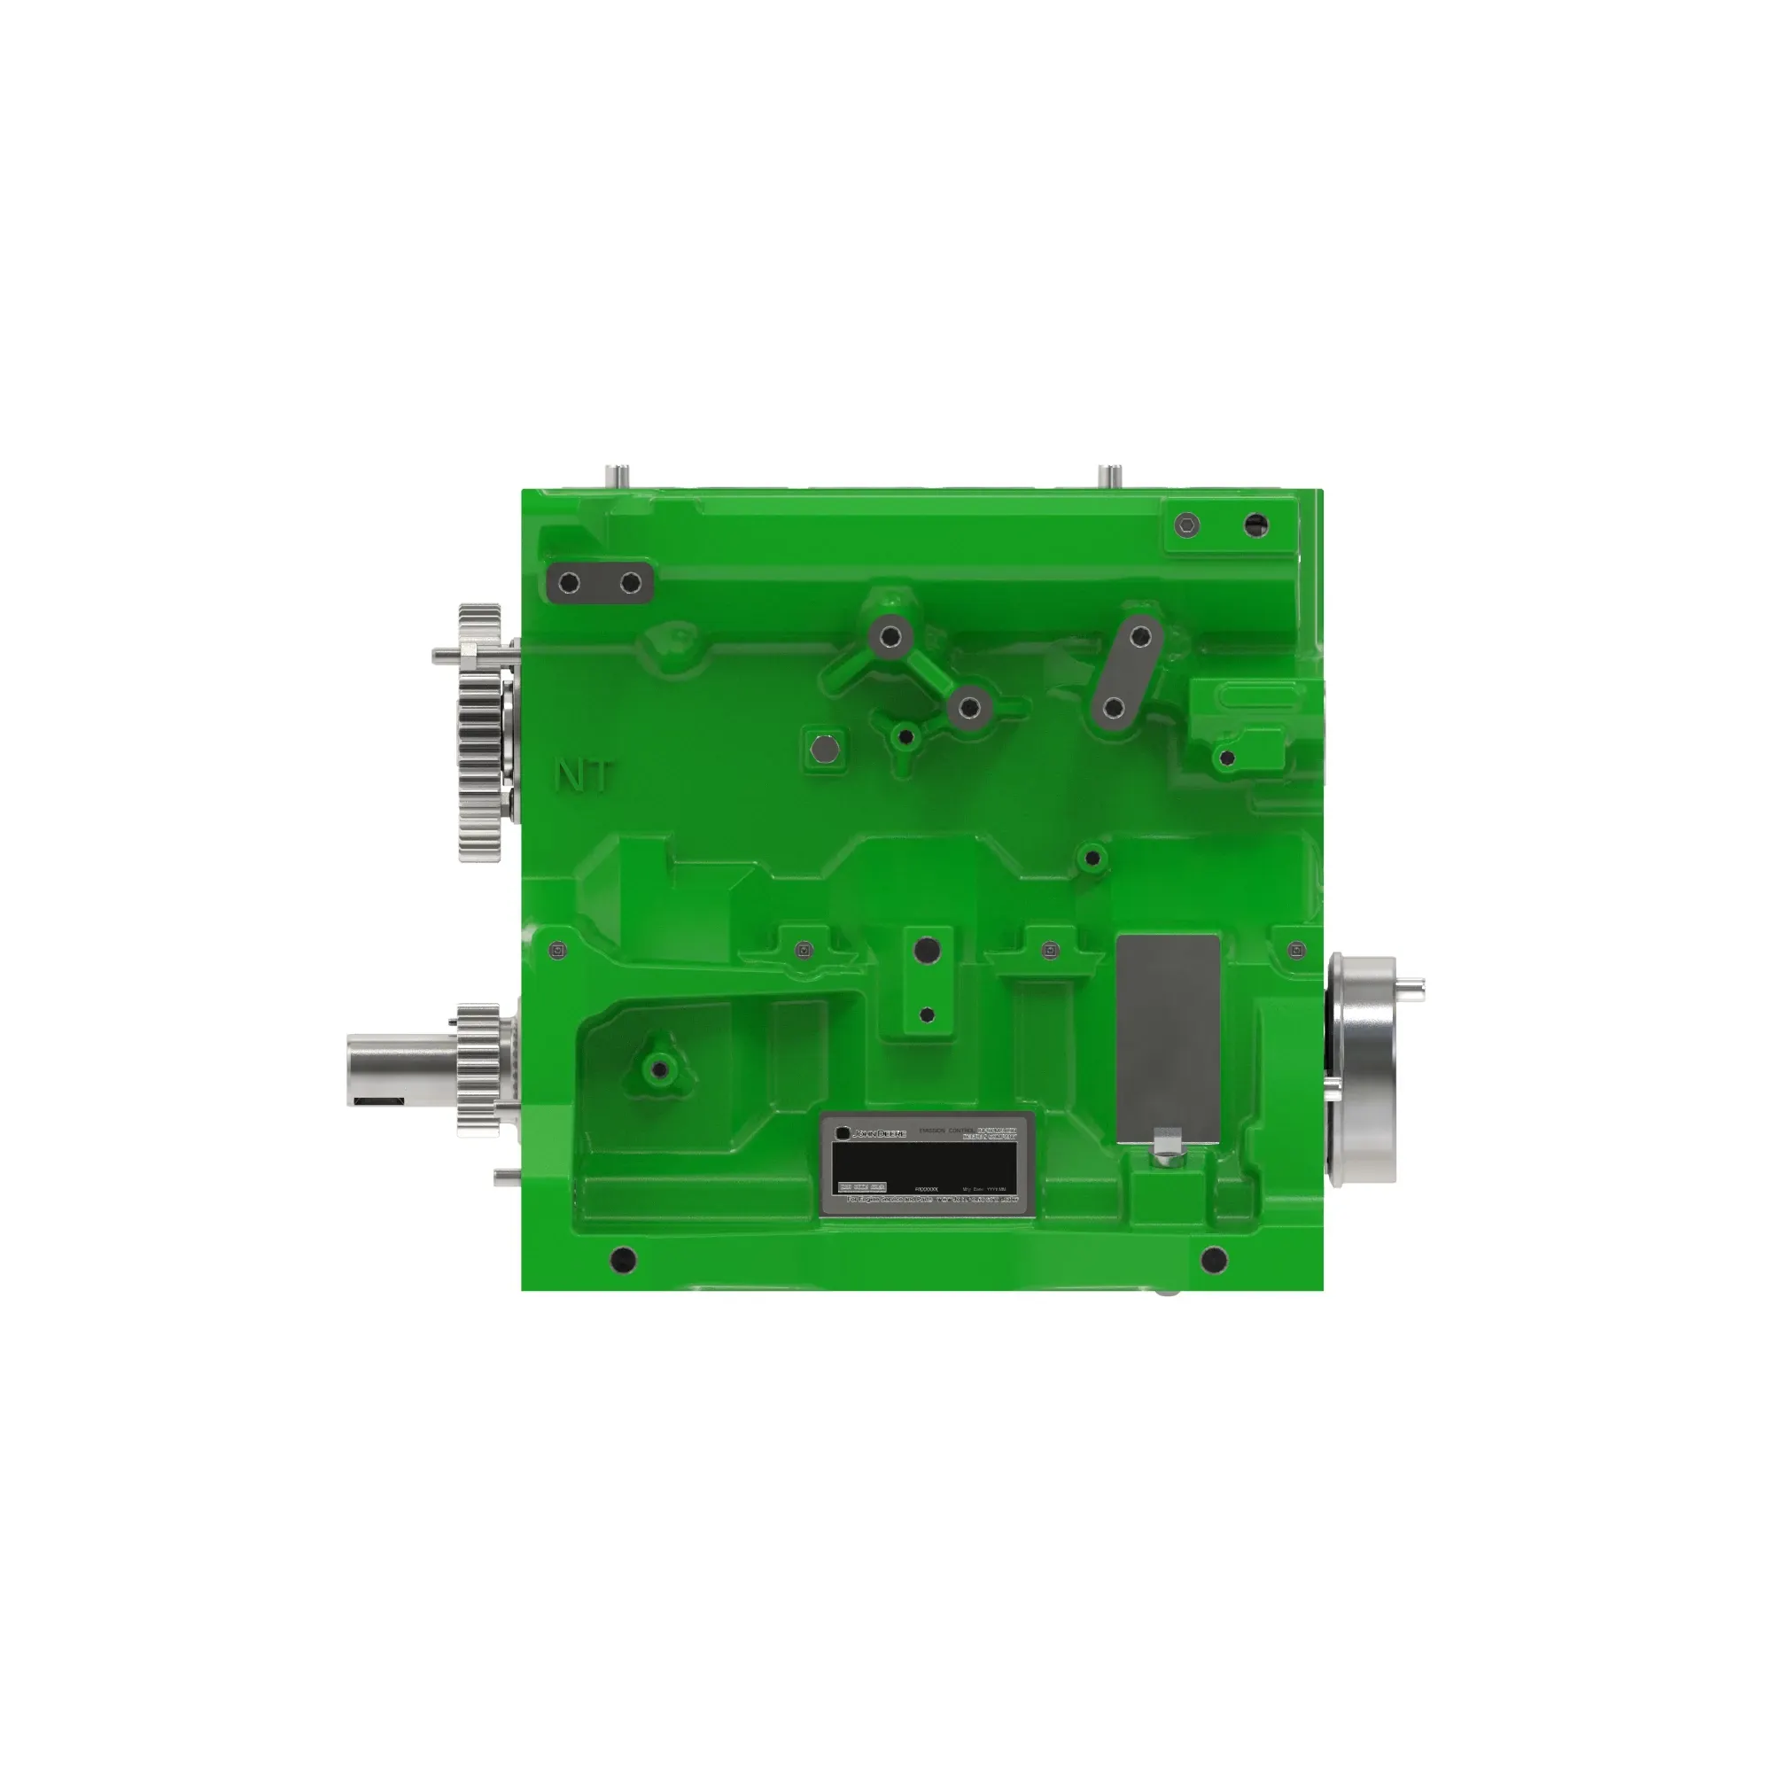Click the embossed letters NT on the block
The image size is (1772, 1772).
click(583, 777)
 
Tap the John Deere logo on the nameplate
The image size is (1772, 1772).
click(871, 1134)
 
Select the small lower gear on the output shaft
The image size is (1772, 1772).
click(478, 1069)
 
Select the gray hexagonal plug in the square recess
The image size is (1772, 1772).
click(826, 750)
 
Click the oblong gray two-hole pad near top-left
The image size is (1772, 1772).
click(600, 583)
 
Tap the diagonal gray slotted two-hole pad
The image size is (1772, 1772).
click(1126, 672)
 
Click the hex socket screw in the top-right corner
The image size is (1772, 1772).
click(1188, 525)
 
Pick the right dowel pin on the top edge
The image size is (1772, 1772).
click(1110, 477)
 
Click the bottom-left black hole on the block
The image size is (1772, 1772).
click(623, 1257)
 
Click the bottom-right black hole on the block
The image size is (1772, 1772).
click(1214, 1258)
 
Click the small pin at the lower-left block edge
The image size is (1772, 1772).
click(506, 1177)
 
